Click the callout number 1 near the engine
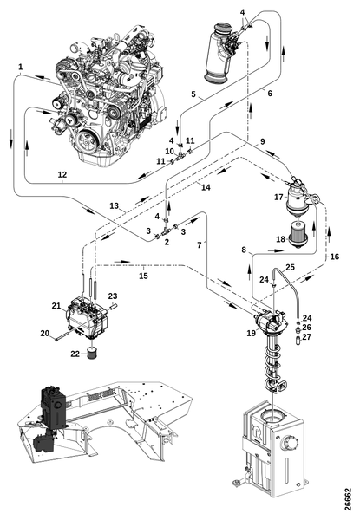(21, 67)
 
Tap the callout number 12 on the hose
(62, 174)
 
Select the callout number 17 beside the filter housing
(278, 198)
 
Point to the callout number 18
(281, 239)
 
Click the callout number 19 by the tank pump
(252, 333)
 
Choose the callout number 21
(56, 305)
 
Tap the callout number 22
(75, 354)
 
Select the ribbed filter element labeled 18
(298, 235)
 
